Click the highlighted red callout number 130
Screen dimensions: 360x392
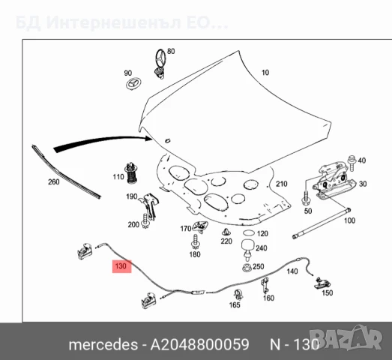120,265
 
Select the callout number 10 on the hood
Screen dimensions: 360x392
265,73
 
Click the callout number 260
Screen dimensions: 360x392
54,181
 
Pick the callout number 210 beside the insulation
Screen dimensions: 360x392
281,184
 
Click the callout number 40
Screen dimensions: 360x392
362,160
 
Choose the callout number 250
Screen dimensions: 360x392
259,266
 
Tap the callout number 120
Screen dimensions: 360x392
262,234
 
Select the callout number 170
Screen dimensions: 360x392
186,229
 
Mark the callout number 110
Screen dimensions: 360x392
118,177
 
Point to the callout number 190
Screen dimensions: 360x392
131,196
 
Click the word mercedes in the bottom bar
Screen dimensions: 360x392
102,346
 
